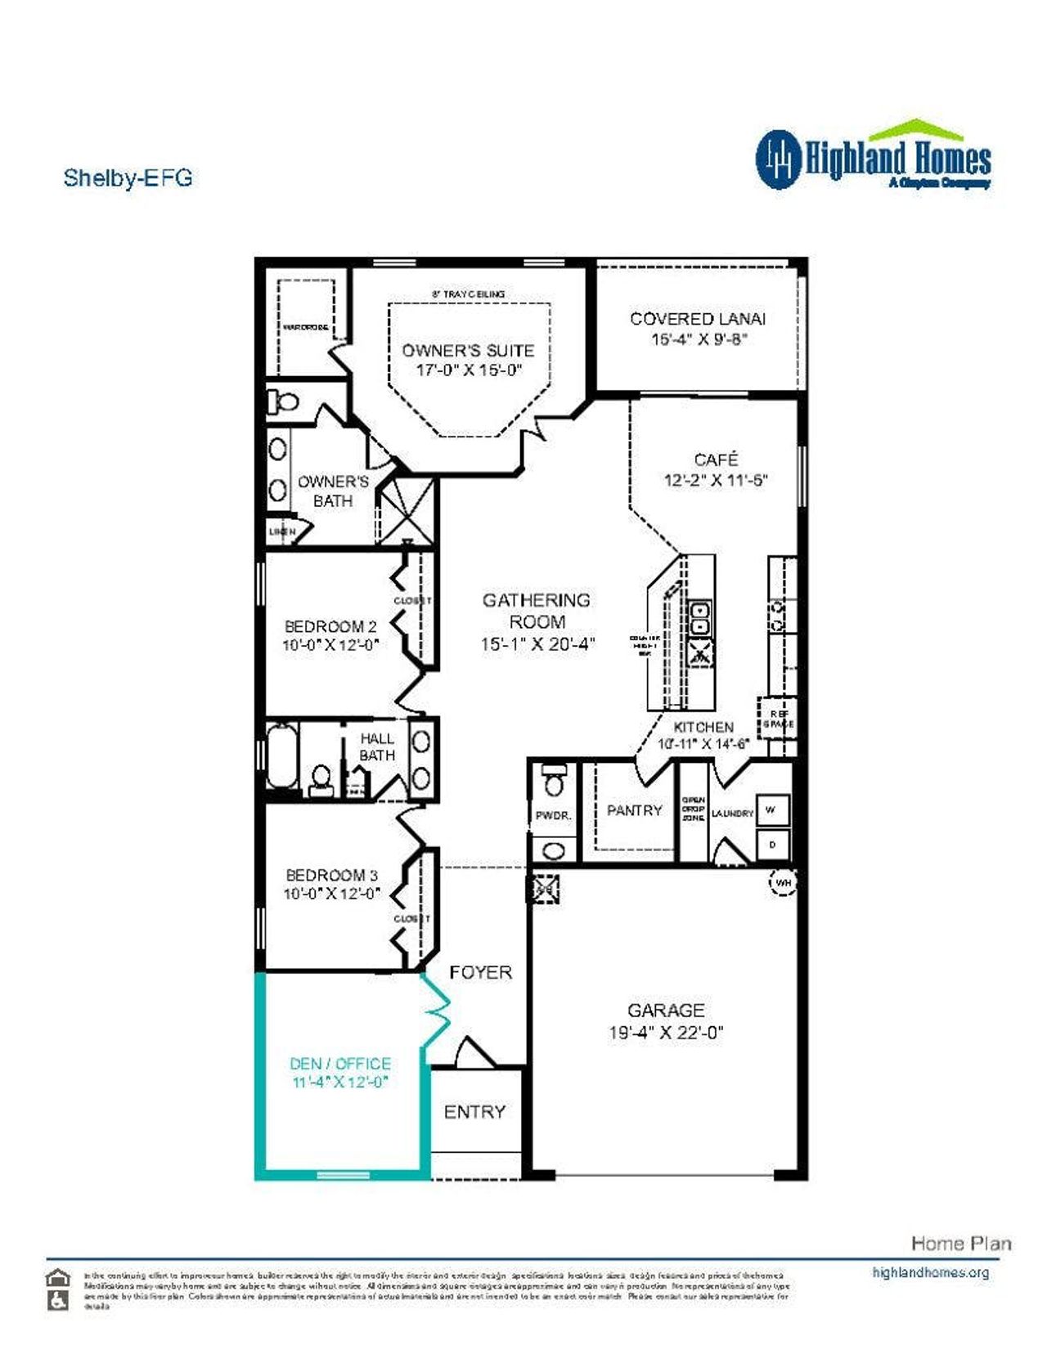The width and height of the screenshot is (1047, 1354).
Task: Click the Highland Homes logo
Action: tap(873, 157)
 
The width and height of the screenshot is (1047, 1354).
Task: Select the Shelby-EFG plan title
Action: tap(128, 177)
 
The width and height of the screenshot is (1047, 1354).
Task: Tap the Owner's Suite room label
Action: tap(468, 351)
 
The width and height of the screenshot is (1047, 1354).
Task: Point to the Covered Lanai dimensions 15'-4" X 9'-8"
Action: tap(699, 339)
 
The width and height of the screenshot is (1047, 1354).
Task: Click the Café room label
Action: tap(716, 460)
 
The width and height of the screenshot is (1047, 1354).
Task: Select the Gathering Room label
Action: tap(537, 611)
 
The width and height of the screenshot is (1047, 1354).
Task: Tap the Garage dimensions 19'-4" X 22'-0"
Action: tap(666, 1033)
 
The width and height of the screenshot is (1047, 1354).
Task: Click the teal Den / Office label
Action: tap(340, 1064)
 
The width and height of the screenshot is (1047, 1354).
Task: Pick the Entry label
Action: tap(474, 1112)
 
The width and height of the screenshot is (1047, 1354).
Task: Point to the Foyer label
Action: tap(480, 972)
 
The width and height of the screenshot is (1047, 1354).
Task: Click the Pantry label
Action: tap(634, 810)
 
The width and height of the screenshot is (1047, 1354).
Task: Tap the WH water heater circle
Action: tap(783, 883)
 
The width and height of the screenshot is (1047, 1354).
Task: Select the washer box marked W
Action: tap(771, 810)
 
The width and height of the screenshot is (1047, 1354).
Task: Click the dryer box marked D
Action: tap(772, 844)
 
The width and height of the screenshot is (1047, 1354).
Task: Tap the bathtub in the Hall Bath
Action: tap(281, 758)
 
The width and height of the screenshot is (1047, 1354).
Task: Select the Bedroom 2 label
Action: tap(330, 626)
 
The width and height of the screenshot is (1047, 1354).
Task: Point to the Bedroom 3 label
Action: tap(331, 875)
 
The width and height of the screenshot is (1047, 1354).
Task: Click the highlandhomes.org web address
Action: tap(930, 1272)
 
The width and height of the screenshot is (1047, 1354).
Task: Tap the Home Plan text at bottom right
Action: tap(960, 1244)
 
